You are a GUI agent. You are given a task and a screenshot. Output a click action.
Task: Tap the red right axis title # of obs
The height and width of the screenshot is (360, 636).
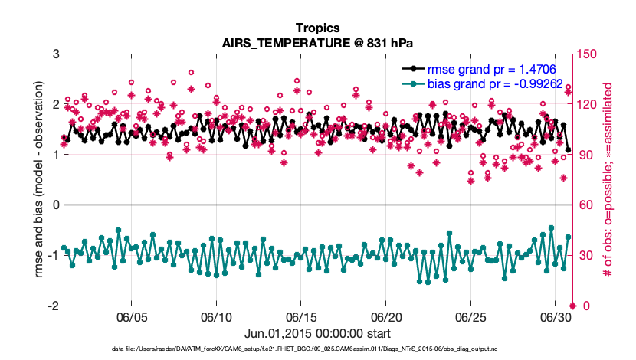point(609,180)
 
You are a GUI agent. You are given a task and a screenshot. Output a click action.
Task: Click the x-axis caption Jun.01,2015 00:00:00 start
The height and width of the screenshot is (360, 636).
point(317,334)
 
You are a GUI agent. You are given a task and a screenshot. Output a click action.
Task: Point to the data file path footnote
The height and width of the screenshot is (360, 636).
point(317,349)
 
